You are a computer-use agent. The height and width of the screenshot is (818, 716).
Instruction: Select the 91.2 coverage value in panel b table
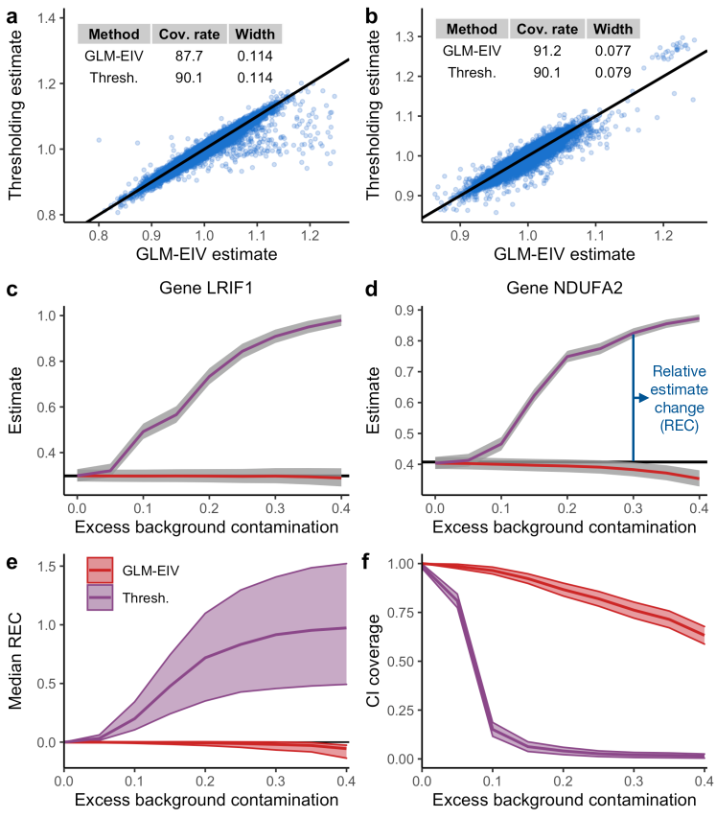[545, 48]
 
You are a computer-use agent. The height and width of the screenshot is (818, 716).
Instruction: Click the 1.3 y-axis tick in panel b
[407, 36]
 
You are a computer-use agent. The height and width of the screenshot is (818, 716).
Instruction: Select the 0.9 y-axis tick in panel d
[407, 309]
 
